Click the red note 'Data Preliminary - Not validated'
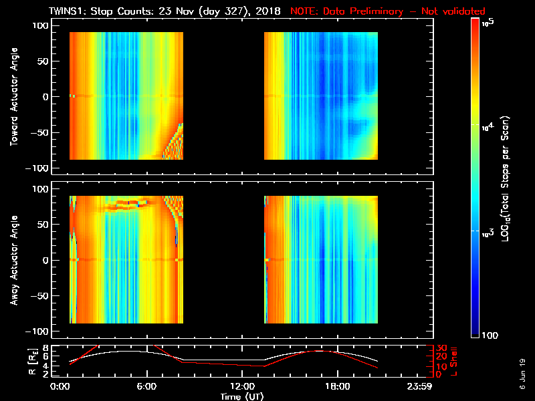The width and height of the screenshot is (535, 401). coord(388,11)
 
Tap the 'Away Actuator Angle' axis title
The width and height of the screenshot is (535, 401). coord(13,261)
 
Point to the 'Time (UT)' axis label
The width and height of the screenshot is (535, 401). coord(241,396)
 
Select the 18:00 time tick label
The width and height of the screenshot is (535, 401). coord(336,386)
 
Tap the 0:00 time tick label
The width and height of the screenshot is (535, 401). coord(60,386)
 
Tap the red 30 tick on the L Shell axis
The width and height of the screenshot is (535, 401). coord(441,348)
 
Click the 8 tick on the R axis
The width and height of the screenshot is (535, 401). coord(45,348)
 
